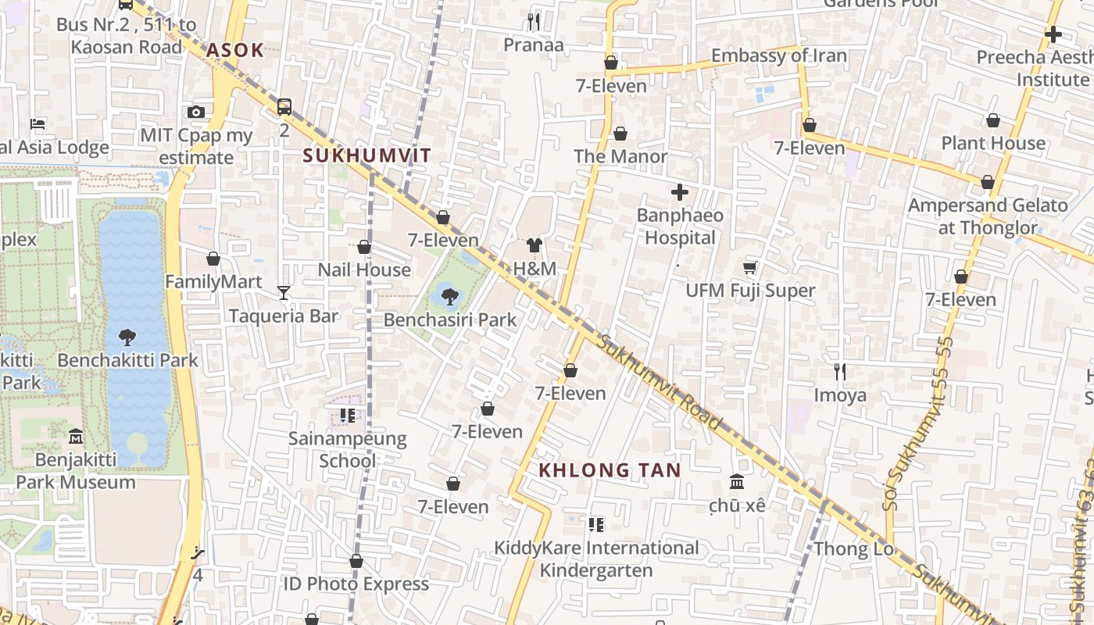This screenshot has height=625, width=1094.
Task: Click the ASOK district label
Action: point(235,51)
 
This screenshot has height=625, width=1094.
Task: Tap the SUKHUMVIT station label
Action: point(366,155)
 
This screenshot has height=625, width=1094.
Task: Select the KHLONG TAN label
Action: point(610,470)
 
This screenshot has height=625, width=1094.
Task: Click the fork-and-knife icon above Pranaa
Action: point(534,21)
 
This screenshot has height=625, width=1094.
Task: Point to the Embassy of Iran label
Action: point(778,55)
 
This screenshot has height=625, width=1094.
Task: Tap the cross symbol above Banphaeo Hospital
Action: point(680,191)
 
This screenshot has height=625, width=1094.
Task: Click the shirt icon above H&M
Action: point(534,245)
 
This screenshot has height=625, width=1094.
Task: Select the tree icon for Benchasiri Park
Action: point(449,296)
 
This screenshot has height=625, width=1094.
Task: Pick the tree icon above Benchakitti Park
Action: point(127,337)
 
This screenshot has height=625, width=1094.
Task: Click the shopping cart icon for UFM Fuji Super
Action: point(750,268)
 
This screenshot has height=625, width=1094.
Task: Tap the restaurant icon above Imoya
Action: point(840,371)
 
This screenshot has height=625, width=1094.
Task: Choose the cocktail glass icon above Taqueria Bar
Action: point(284,293)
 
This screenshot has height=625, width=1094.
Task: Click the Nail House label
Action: point(364,270)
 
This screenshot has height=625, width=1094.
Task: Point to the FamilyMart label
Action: point(214,281)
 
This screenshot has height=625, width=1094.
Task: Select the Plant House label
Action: point(993,143)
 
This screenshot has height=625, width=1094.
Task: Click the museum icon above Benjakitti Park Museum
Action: point(76,435)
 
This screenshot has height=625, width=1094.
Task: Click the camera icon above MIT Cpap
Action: point(196,112)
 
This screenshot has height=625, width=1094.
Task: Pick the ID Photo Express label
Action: point(356,584)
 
